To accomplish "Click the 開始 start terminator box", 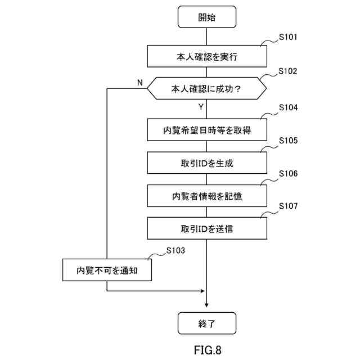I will (206, 17).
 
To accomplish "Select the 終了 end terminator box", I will (206, 323).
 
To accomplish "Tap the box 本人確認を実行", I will (206, 56).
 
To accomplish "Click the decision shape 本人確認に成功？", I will (206, 88).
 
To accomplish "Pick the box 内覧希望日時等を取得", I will (206, 130).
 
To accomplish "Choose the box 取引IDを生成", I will (206, 163).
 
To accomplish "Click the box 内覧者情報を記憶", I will (206, 196).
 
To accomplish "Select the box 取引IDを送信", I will (206, 228).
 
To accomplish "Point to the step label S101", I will (289, 38).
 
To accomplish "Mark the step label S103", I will (175, 250).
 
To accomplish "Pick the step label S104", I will (289, 107).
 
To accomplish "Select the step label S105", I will (289, 140).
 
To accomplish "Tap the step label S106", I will (289, 173).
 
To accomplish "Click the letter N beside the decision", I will (139, 83).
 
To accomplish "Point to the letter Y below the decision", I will (201, 106).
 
